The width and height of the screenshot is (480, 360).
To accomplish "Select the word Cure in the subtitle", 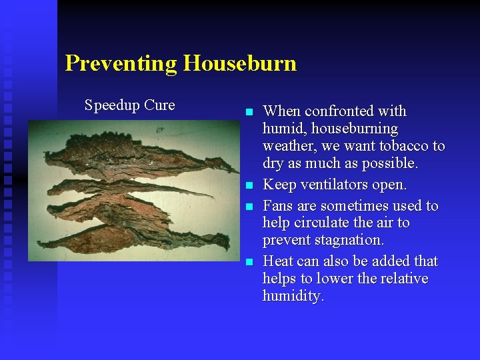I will coord(159,105).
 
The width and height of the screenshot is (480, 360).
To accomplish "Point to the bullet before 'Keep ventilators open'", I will coord(249,185).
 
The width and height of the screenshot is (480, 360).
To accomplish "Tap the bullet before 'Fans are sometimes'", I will coord(249,206).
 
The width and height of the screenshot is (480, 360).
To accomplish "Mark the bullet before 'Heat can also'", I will coord(249,262).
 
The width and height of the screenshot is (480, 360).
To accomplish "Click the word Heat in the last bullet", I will coord(279,261).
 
